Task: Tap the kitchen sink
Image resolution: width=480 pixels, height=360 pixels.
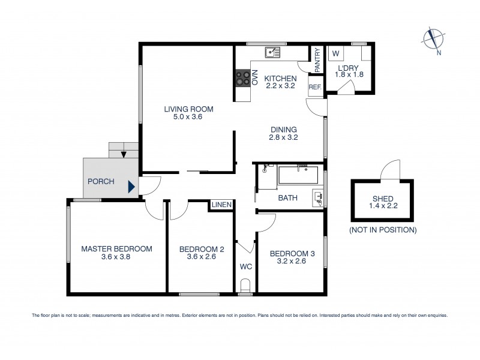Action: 273,52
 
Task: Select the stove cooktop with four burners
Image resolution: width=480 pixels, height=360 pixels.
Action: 242,78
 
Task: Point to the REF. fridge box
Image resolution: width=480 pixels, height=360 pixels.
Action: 314,87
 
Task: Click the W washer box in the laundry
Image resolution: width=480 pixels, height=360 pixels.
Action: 335,53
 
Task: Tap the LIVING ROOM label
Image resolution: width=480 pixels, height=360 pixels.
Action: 189,113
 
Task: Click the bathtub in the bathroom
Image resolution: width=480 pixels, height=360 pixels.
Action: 298,176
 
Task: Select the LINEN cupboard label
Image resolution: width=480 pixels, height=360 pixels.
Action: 221,206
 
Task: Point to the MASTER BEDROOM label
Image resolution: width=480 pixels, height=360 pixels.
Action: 116,252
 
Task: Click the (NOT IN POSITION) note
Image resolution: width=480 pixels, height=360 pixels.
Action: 382,230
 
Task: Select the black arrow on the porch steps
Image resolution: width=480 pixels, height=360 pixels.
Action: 123,154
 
